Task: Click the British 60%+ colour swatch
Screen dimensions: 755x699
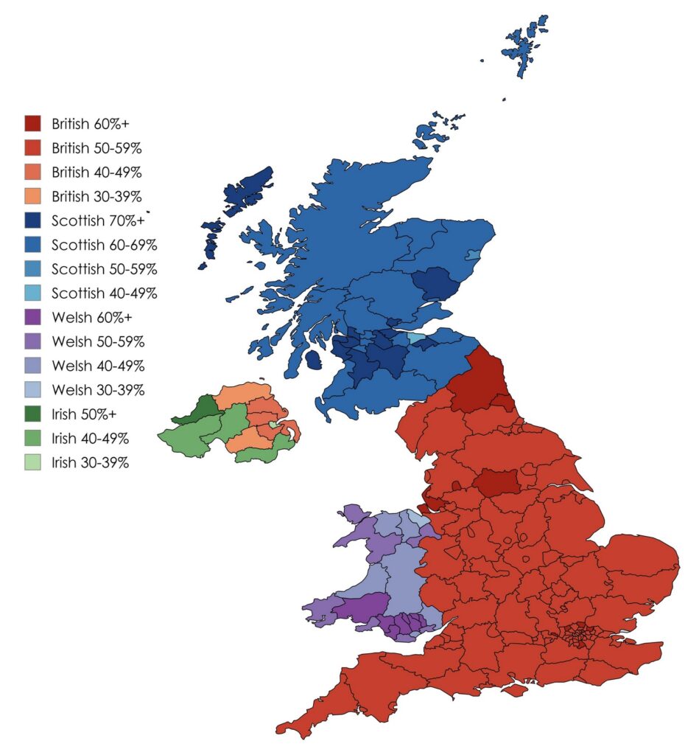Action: point(32,123)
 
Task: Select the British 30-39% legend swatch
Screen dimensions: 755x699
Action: point(32,196)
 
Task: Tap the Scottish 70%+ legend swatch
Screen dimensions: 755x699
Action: point(32,220)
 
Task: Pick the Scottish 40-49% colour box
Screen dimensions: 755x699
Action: point(32,293)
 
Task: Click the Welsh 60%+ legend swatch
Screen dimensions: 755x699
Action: point(32,318)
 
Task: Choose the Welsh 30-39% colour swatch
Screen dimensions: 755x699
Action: point(32,390)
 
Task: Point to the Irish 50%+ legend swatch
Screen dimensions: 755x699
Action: point(32,414)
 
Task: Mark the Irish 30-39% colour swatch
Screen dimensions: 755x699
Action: point(32,463)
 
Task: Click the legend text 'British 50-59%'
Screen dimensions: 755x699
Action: point(96,147)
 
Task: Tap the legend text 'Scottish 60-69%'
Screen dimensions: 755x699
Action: point(104,245)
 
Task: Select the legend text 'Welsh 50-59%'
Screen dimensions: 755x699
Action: point(97,342)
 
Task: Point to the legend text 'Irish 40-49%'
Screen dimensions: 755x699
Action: point(91,439)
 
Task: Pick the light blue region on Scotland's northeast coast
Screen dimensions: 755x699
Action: point(474,256)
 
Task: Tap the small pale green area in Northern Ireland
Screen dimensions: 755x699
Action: point(273,425)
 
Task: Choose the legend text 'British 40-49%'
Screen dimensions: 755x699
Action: point(96,172)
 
